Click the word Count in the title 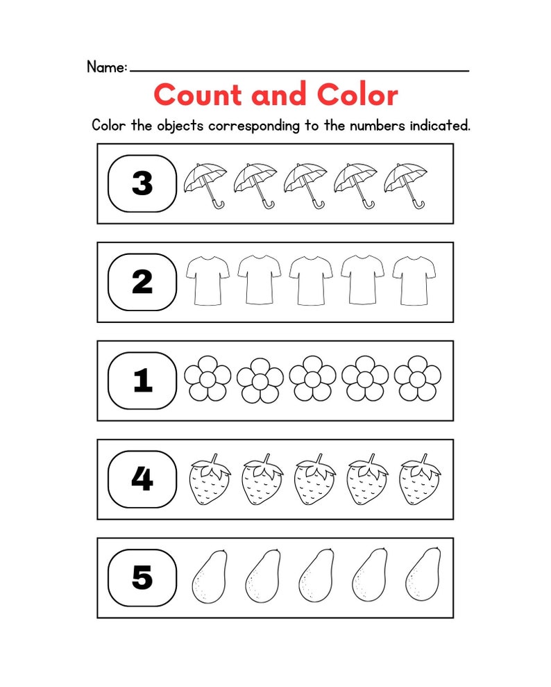point(198,94)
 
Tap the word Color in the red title point(357,94)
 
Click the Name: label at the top point(107,67)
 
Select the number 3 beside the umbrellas point(142,183)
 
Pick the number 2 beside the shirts point(142,282)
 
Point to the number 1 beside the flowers point(142,381)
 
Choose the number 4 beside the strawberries point(142,479)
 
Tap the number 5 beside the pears point(142,578)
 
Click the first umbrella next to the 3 point(205,184)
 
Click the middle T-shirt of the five point(311,280)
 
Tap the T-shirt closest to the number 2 point(208,280)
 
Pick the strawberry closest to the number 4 point(210,481)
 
